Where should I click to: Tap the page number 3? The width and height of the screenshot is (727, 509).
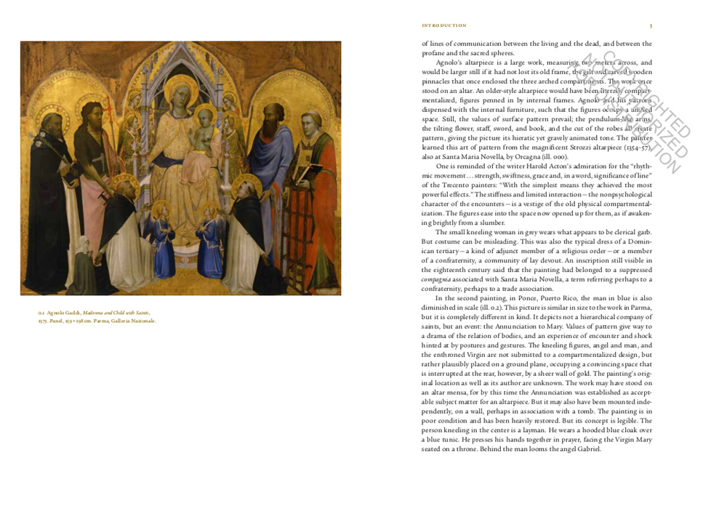pos(651,25)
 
